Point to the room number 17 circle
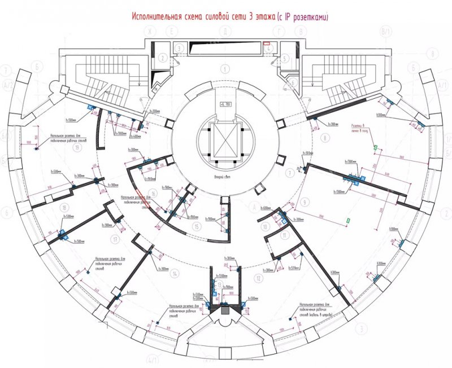(115, 239)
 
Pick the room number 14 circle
(175, 274)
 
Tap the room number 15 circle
(196, 226)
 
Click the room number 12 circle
(258, 278)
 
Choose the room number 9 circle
(304, 201)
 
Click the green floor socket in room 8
(375, 147)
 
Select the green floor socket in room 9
(349, 220)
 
